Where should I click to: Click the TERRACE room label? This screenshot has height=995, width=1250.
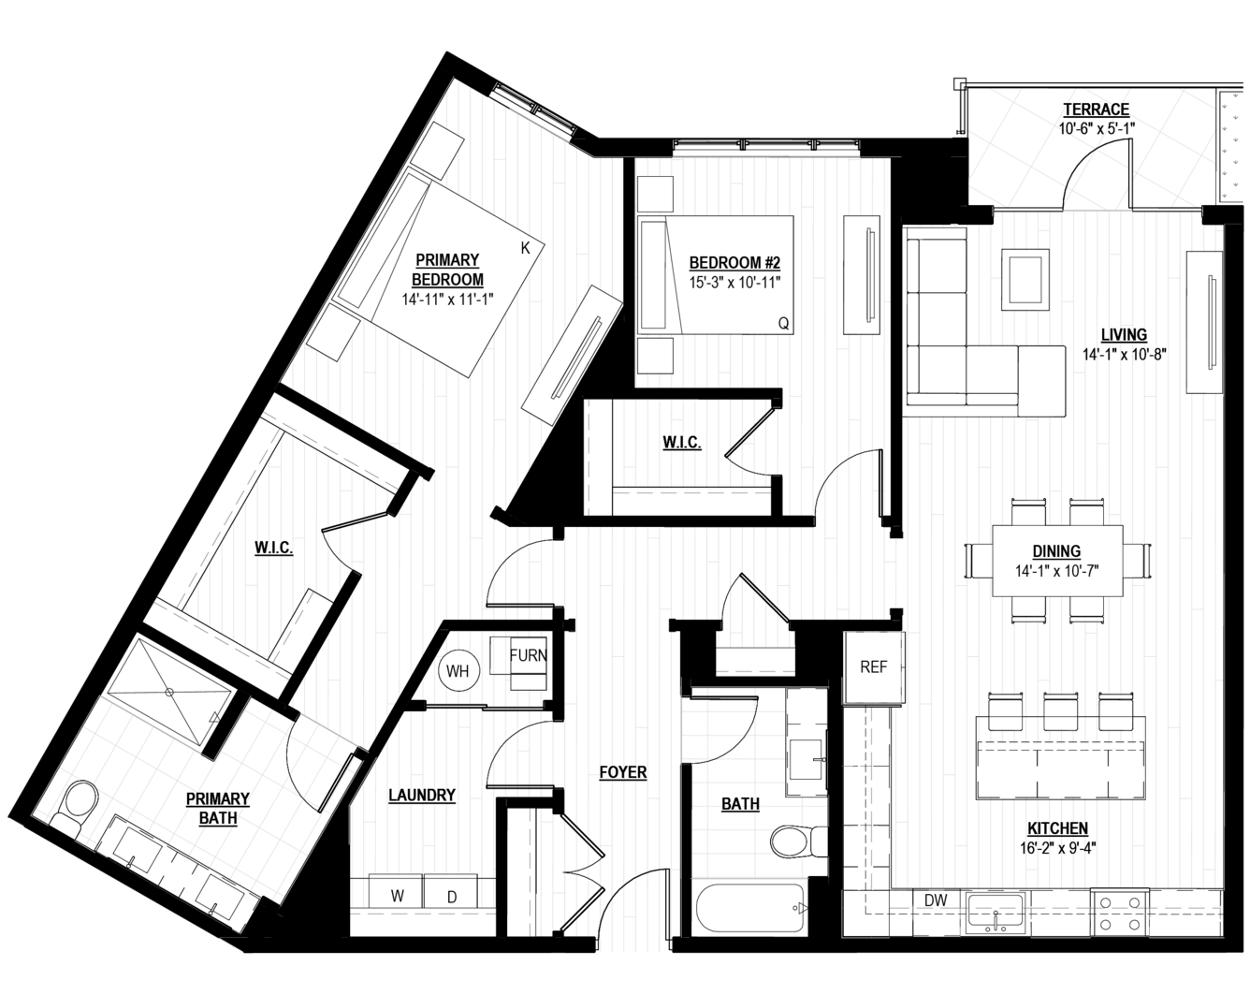[x=1096, y=110]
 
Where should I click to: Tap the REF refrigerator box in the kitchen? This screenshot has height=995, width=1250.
[x=874, y=667]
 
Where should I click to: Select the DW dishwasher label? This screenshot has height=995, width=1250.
[x=936, y=900]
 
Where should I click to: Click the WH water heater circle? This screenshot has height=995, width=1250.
[x=458, y=671]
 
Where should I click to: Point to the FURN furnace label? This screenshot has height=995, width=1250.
[x=528, y=655]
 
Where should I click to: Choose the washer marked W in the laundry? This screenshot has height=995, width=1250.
[x=397, y=896]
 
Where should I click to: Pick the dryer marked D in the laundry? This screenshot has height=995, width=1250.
[x=451, y=896]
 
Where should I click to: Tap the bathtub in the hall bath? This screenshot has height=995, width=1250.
[x=750, y=908]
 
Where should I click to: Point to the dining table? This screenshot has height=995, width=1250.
[x=1057, y=561]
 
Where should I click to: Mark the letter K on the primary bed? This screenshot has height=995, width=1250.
[x=525, y=248]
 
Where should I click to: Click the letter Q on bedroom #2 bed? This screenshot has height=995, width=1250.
[x=783, y=323]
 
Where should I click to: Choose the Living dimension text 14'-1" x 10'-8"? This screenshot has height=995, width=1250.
[x=1125, y=354]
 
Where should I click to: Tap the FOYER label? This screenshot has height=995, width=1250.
[x=623, y=772]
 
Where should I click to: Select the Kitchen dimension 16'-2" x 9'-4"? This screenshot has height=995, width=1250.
[x=1057, y=848]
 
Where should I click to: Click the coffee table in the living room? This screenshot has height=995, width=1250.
[x=1025, y=280]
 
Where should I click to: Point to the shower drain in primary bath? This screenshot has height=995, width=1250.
[x=169, y=692]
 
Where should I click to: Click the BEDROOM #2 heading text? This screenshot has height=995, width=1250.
[x=734, y=263]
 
